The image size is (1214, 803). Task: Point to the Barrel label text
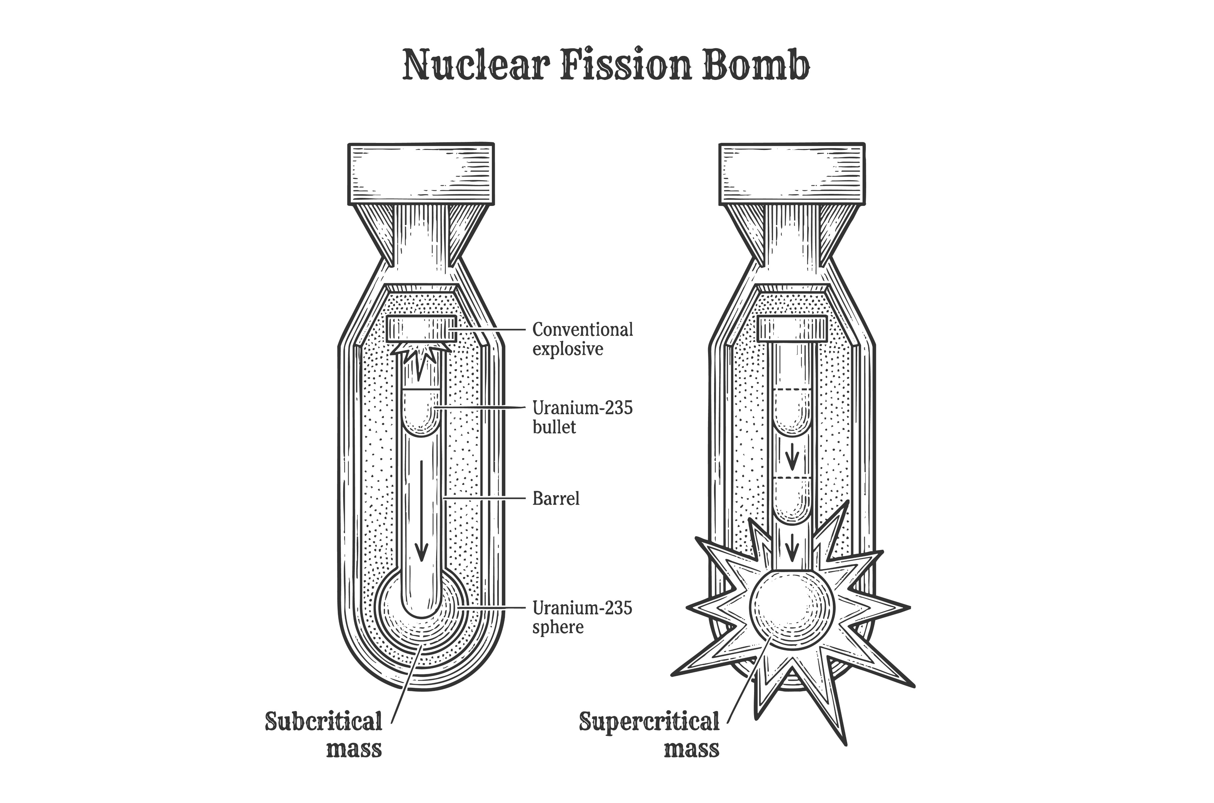556,498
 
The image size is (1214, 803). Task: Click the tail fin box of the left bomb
421,173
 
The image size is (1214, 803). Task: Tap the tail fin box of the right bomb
792,173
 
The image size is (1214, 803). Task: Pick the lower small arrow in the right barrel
792,547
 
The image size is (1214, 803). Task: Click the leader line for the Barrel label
484,498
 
